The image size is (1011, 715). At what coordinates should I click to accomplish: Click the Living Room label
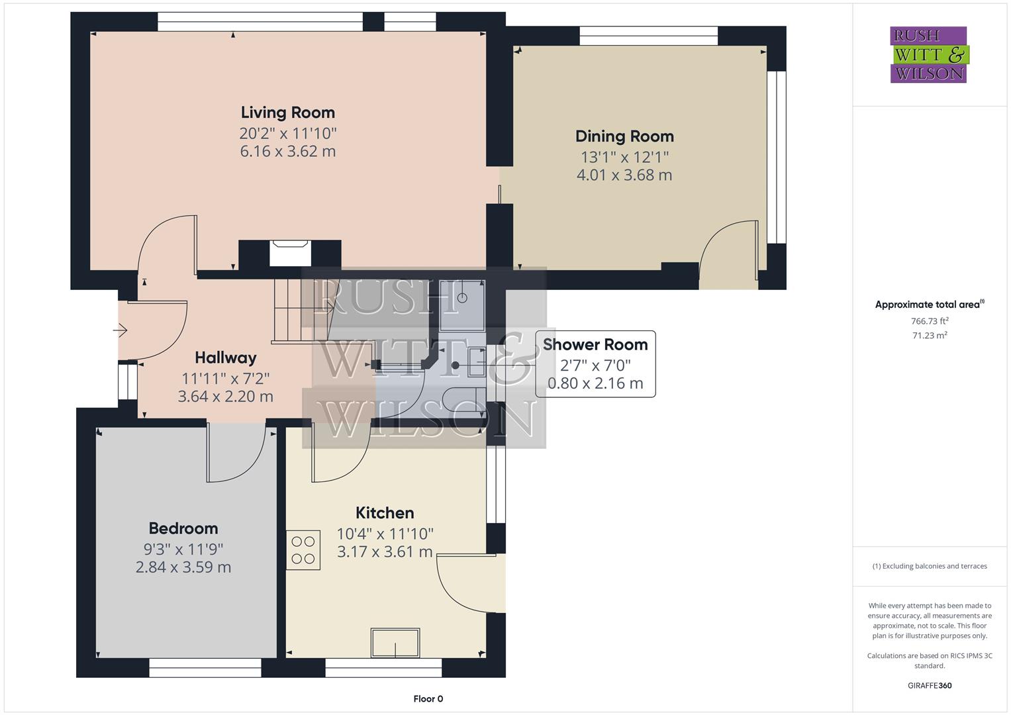tap(287, 113)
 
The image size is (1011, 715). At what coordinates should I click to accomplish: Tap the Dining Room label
tap(624, 136)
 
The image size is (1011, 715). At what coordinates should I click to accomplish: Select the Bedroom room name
tap(183, 528)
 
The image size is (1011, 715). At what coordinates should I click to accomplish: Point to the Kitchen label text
tap(385, 513)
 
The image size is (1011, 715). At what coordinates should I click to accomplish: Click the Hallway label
tap(225, 358)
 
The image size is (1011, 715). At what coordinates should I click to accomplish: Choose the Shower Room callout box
tap(595, 363)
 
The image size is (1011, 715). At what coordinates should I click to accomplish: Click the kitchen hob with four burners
tap(303, 550)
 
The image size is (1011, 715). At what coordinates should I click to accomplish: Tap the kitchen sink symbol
tap(395, 643)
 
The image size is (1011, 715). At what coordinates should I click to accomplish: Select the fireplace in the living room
tap(289, 254)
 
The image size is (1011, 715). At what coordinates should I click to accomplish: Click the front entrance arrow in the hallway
tap(120, 330)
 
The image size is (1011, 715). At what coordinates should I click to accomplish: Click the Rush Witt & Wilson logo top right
tap(928, 55)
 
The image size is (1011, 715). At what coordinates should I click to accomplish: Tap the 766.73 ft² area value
tap(930, 321)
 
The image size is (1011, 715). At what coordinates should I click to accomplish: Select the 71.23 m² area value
tap(930, 336)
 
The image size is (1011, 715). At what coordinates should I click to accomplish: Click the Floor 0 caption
tap(428, 699)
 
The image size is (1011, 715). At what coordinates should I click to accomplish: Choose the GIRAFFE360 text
tap(930, 686)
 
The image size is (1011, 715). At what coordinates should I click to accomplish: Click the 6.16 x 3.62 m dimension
tap(287, 152)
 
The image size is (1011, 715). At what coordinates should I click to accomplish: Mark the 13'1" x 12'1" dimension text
tap(624, 158)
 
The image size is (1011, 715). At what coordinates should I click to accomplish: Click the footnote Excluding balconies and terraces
tap(930, 566)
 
